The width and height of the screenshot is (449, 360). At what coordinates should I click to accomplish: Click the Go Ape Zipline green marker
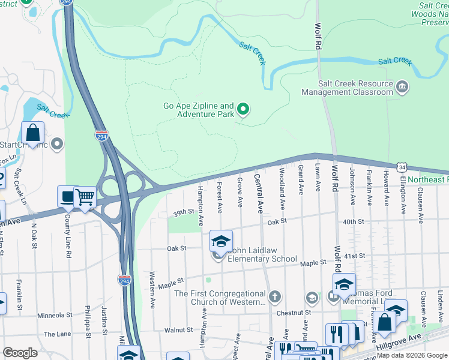(x=243, y=109)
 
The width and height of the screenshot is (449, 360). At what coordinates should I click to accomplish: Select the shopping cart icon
(x=85, y=197)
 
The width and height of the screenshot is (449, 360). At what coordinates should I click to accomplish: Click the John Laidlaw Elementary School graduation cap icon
(x=221, y=241)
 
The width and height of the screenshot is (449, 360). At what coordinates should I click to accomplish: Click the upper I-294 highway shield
(x=102, y=137)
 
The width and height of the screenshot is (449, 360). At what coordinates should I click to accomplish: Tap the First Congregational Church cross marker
(x=274, y=296)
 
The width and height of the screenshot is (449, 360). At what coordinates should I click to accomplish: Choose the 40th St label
(x=354, y=221)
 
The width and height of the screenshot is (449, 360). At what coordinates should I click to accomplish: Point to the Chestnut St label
(x=294, y=312)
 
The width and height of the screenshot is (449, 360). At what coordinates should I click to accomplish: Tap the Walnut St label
(x=178, y=329)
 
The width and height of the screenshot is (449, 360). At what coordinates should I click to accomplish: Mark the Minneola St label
(x=55, y=314)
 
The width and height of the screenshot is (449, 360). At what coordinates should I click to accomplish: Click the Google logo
(x=20, y=353)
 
